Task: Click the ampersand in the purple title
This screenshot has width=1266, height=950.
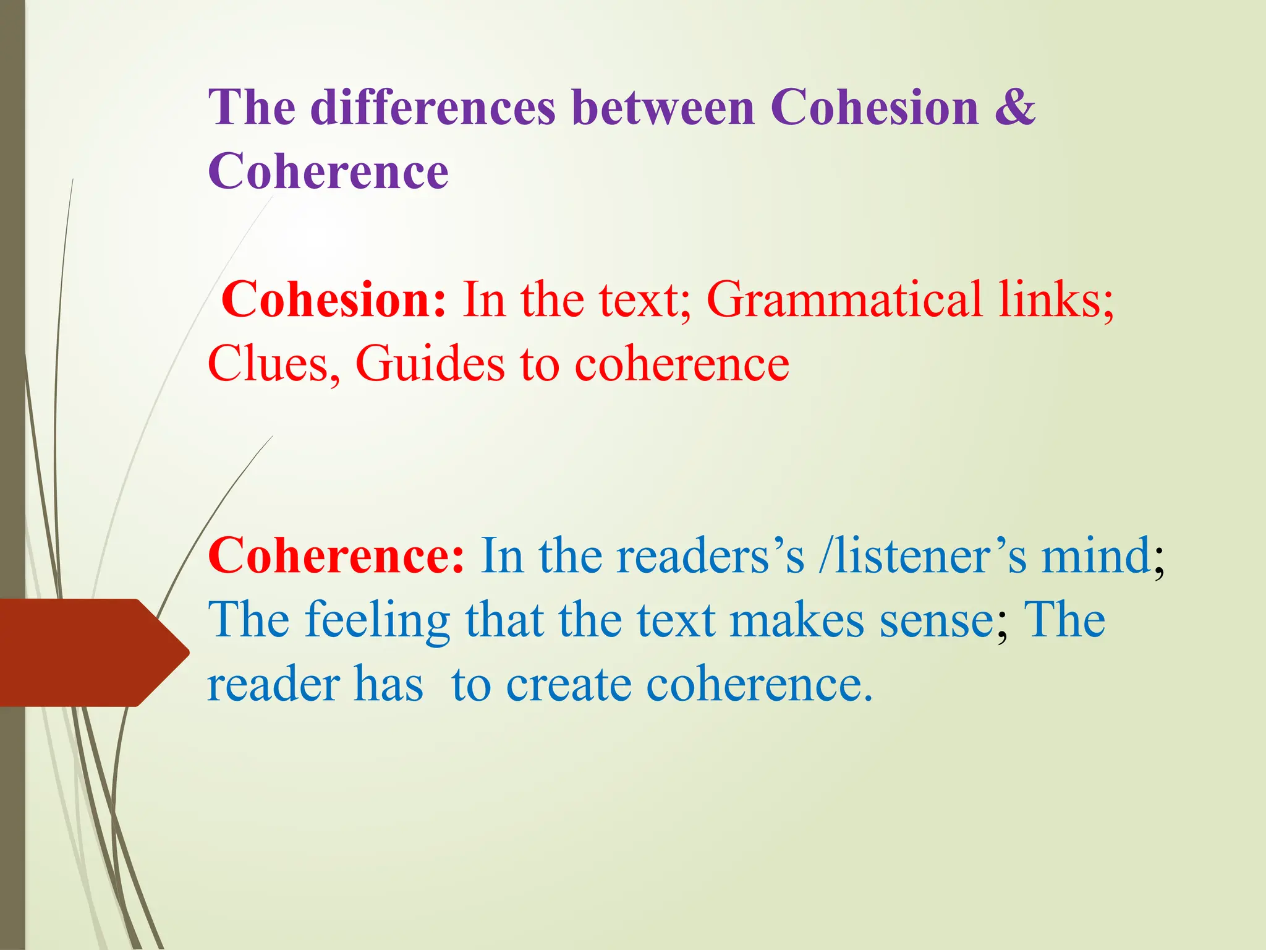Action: [x=1014, y=108]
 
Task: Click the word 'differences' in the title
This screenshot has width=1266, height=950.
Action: [x=433, y=108]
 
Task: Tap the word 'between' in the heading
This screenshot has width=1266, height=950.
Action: [x=664, y=108]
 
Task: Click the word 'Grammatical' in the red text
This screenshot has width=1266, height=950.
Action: [x=844, y=299]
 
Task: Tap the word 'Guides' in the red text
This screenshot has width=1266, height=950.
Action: [x=430, y=364]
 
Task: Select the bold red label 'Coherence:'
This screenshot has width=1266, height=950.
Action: [x=336, y=555]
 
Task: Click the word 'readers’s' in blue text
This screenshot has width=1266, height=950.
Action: [x=711, y=555]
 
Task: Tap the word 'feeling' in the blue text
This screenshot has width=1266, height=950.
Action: [x=378, y=620]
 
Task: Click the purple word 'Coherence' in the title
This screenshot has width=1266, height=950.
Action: [x=328, y=172]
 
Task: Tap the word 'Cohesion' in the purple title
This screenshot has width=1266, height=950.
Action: [x=875, y=108]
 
